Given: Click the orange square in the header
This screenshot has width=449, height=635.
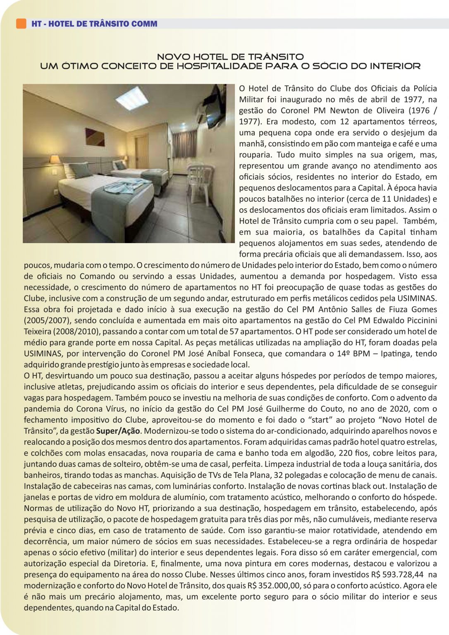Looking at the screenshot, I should [x=21, y=24].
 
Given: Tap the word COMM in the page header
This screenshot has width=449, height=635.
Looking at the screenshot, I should [x=144, y=24].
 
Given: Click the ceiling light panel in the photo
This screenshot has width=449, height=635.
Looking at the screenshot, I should [x=131, y=98].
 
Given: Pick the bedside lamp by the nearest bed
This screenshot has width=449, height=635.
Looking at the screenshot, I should [x=55, y=160].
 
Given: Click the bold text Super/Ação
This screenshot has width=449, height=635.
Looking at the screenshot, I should [x=118, y=431].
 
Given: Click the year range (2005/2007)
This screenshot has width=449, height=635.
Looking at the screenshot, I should [x=46, y=320].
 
